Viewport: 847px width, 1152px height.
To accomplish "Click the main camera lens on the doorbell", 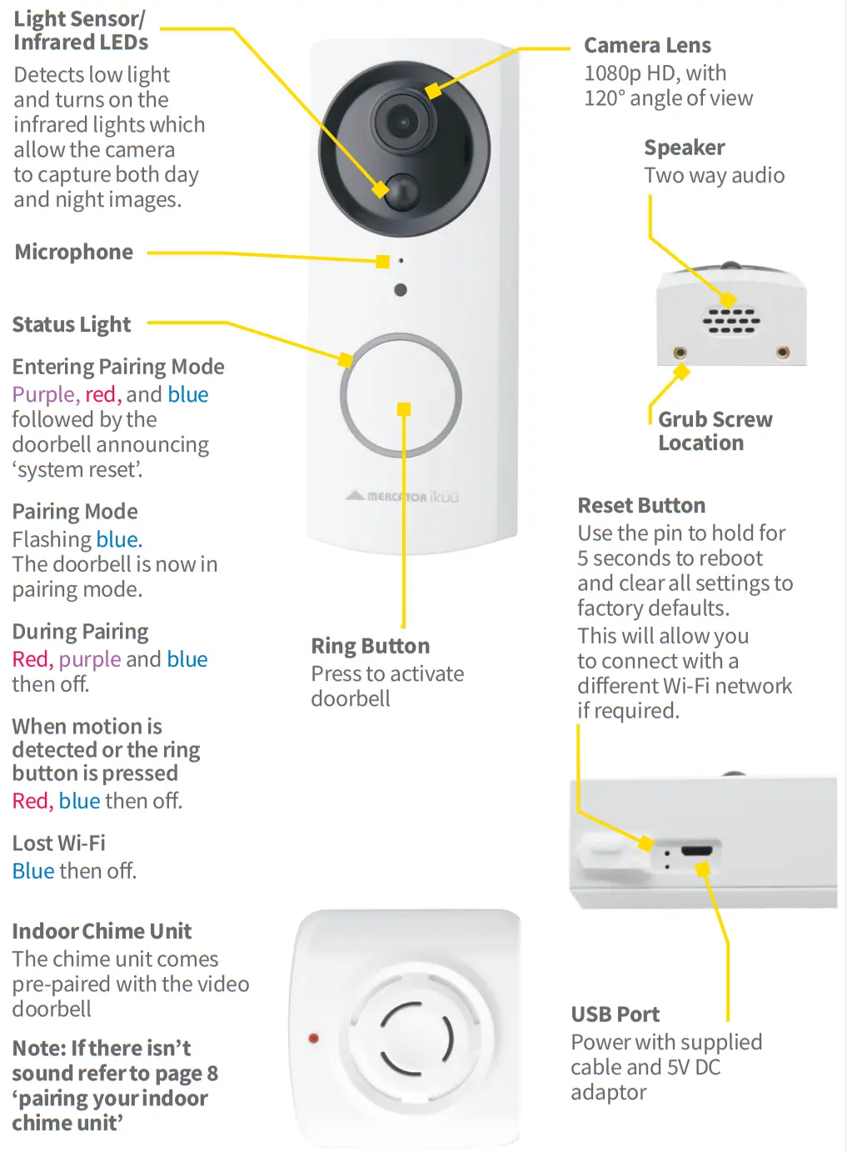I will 404,123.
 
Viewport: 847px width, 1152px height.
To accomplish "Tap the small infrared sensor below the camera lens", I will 403,190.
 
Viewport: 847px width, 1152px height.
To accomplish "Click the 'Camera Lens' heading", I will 647,45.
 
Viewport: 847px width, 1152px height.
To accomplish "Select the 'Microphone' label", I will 74,252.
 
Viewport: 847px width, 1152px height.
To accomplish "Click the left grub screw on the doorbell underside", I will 680,353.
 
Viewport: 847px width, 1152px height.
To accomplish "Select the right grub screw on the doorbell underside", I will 783,353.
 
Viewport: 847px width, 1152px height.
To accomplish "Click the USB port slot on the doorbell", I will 696,851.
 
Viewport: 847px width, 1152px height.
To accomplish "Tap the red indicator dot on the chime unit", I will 314,1038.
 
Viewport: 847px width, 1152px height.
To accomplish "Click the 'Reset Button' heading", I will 641,505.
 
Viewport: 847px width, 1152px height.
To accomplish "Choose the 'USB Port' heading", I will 615,1014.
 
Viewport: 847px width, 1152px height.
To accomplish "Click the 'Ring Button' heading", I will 371,646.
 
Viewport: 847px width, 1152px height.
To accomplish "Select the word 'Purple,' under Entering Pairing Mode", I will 46,394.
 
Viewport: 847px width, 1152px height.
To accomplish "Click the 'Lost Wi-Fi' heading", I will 59,843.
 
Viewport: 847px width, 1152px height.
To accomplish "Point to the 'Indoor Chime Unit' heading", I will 102,931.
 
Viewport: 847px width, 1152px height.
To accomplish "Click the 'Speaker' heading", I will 684,148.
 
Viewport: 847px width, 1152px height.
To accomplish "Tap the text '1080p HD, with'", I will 655,73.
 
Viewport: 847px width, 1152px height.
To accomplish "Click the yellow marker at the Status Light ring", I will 346,360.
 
